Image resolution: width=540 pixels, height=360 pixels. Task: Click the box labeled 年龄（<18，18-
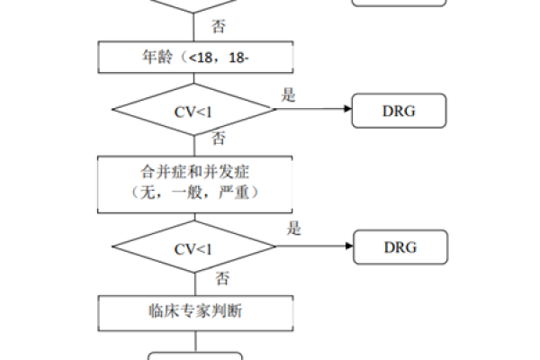(194, 58)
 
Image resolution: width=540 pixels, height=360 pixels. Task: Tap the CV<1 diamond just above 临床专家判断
(193, 248)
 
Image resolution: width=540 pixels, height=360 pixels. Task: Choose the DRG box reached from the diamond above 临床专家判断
(400, 247)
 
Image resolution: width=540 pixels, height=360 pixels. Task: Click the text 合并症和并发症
(194, 169)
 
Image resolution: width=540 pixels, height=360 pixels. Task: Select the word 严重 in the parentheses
(242, 192)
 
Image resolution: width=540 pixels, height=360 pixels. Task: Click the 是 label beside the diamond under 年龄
(289, 95)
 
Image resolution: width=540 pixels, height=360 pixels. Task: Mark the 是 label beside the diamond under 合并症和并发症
(293, 229)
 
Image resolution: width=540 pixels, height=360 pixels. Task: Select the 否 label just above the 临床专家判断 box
(222, 277)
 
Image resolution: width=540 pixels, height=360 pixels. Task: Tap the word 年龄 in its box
(156, 58)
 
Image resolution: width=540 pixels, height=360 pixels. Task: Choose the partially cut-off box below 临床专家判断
(194, 355)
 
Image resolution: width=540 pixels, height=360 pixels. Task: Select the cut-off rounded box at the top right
(399, 4)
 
